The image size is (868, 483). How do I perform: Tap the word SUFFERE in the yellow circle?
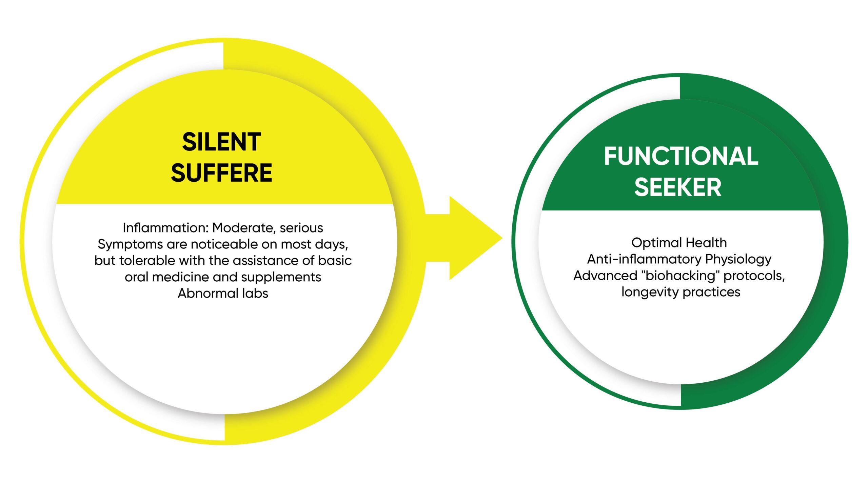point(221,173)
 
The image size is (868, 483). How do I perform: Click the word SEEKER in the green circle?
point(677,187)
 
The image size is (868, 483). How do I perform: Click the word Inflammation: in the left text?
point(165,228)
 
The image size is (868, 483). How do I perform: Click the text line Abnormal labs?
point(223,293)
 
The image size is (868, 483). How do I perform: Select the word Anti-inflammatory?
point(644,259)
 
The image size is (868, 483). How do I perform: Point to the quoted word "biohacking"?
point(680,276)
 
